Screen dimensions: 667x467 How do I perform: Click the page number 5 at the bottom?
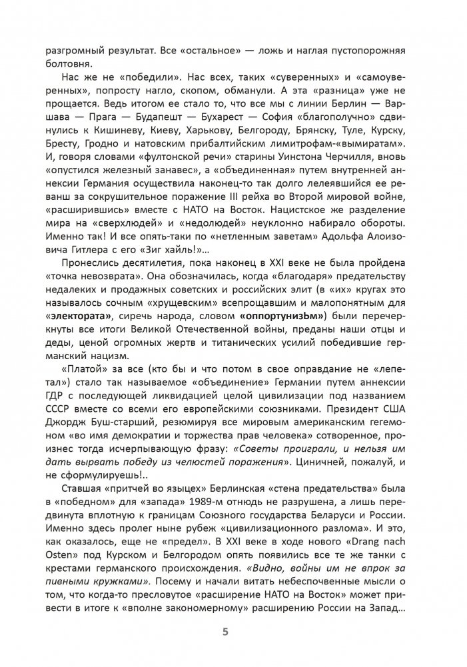pyautogui.click(x=233, y=631)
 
